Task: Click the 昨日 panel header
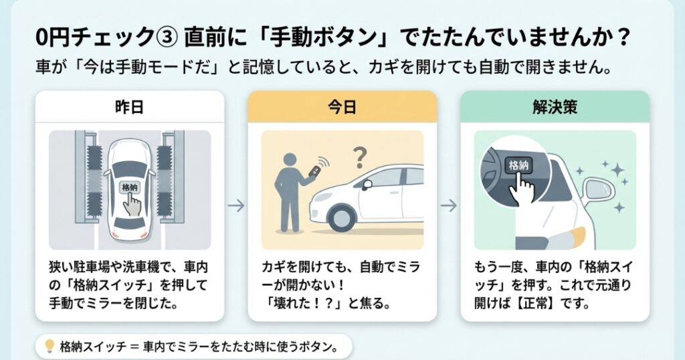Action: tap(129, 106)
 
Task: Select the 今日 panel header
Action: tap(342, 106)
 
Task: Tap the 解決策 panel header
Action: tap(555, 106)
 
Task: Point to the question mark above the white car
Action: tap(360, 159)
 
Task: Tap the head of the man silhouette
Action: tap(290, 161)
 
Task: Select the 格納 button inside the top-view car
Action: tap(128, 188)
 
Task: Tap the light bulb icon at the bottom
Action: tap(49, 346)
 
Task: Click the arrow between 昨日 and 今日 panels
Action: tap(235, 205)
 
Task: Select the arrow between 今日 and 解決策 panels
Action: tap(448, 205)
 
